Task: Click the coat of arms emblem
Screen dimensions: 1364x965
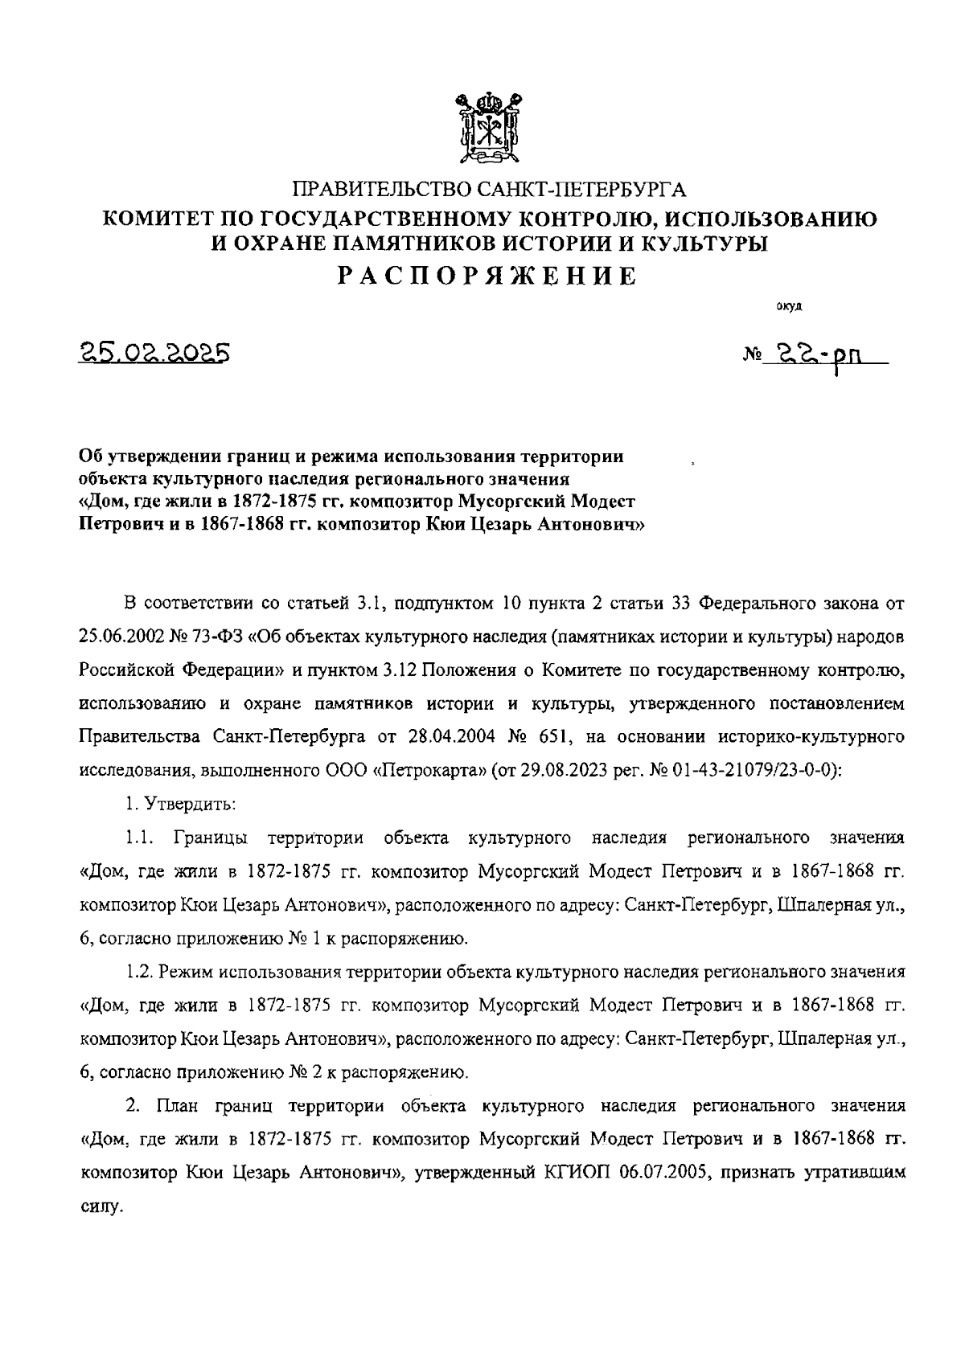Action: [x=486, y=129]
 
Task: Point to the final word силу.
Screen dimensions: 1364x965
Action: [x=100, y=1206]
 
